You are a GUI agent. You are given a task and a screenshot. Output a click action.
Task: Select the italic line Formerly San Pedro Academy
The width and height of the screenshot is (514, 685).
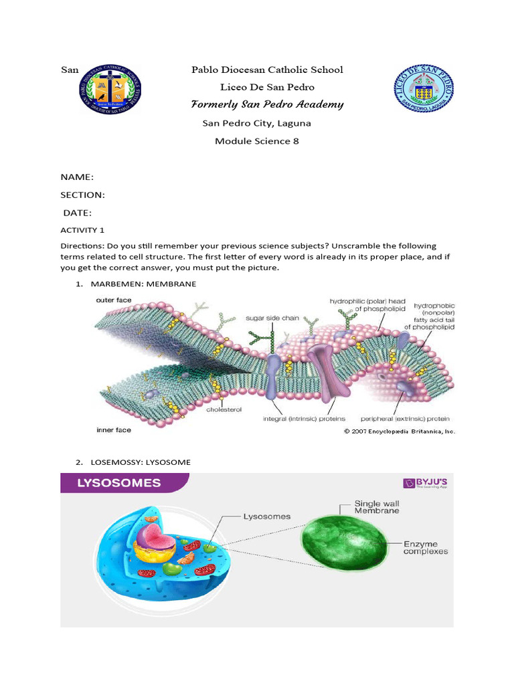[267, 104]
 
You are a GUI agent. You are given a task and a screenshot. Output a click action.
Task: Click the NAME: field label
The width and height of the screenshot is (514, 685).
[77, 177]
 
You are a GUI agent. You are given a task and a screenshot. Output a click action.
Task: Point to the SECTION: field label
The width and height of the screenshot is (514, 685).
[83, 195]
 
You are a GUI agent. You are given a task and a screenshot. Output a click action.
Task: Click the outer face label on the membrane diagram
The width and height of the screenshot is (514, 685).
[113, 300]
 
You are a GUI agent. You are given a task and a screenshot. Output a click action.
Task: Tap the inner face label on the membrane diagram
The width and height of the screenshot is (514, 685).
[113, 430]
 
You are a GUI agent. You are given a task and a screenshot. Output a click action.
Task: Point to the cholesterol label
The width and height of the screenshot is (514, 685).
[224, 406]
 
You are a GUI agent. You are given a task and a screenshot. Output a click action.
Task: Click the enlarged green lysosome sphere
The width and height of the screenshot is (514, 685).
[343, 541]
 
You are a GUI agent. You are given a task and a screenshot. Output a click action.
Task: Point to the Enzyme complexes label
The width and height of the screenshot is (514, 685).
[425, 547]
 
